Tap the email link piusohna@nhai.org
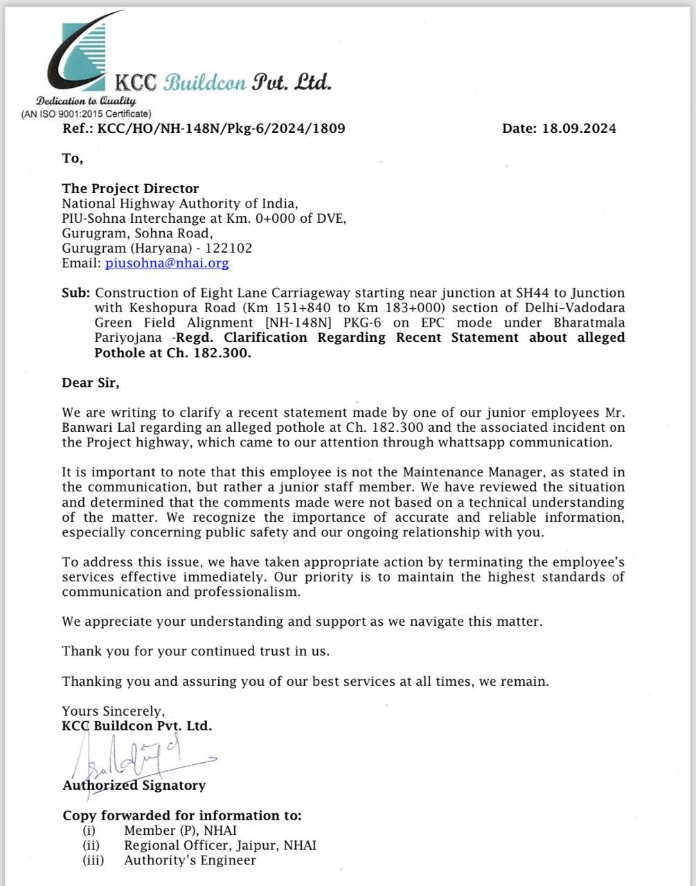tap(167, 263)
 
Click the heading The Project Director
tap(130, 188)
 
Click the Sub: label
tap(75, 293)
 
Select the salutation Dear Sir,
tap(90, 383)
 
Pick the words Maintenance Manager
tap(460, 473)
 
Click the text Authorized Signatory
tap(134, 786)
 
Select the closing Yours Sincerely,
tap(114, 711)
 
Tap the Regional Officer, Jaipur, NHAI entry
tap(220, 845)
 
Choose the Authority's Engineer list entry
tap(190, 860)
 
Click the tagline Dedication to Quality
tap(87, 101)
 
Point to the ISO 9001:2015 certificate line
tap(86, 114)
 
